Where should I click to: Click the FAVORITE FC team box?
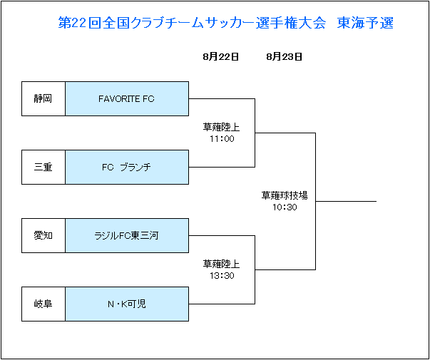127,98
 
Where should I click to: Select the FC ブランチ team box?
127,167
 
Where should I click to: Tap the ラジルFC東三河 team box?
127,235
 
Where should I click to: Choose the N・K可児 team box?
127,304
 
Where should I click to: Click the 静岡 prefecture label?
43,98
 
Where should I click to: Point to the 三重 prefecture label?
43,167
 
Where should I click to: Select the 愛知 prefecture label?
43,235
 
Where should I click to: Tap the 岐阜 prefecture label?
43,304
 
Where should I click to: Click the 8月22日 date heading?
221,57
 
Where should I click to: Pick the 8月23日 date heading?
285,57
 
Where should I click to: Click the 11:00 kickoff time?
222,139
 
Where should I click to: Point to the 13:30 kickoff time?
222,276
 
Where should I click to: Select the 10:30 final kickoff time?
285,207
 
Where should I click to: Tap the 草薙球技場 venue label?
285,195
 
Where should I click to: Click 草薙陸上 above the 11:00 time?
221,127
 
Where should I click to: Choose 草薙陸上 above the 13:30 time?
221,264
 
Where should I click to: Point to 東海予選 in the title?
365,23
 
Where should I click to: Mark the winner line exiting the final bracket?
346,201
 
